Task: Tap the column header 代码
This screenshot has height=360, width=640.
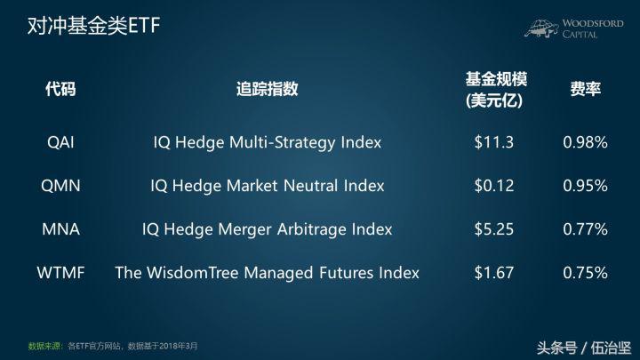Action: coord(60,89)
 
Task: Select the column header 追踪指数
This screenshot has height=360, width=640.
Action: coord(267,89)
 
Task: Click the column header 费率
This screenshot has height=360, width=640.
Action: coord(584,89)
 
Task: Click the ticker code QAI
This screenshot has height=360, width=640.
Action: coord(60,142)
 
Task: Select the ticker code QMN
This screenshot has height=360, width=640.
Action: coord(60,186)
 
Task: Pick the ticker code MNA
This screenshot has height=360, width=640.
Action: coord(60,228)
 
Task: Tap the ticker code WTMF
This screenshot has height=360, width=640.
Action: coord(60,271)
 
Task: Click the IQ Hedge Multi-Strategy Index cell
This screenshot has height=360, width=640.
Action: coord(267,142)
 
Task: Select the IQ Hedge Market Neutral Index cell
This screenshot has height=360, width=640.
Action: coord(267,186)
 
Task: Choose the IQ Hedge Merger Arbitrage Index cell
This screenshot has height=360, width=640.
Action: coord(267,228)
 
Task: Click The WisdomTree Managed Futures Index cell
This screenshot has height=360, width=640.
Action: coord(267,271)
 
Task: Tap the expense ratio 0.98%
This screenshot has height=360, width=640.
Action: coord(584,142)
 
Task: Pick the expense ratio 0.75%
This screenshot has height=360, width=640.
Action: coord(584,271)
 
